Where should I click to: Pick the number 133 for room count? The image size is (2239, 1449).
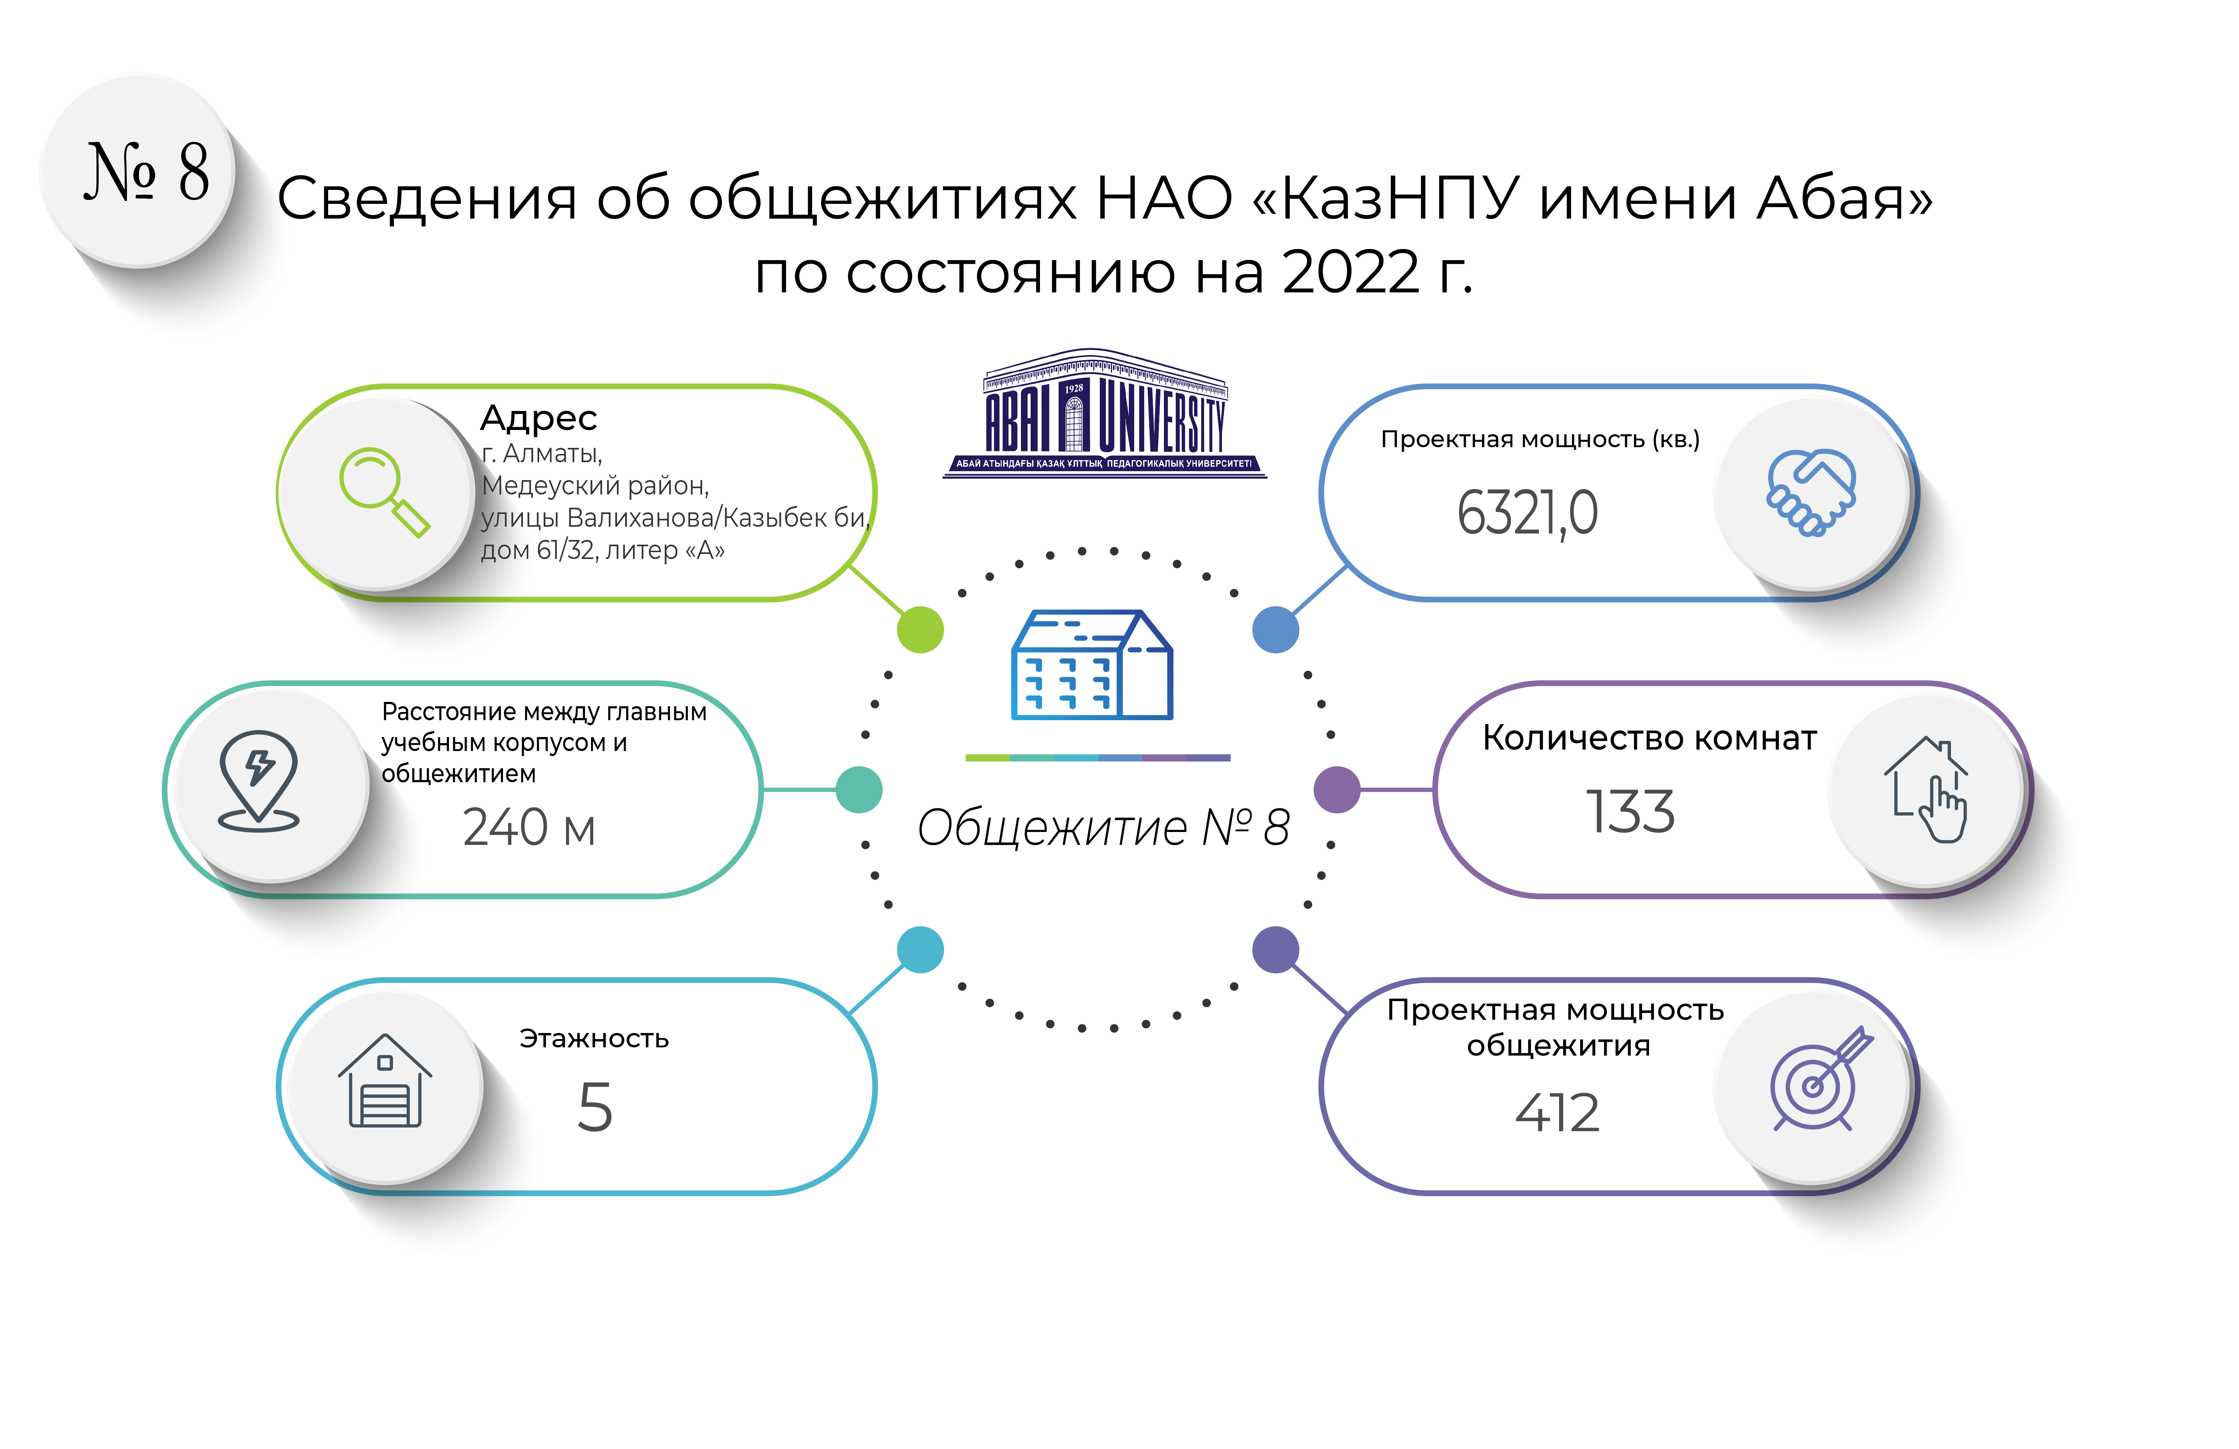point(1630,811)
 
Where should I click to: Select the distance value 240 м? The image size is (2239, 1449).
point(529,828)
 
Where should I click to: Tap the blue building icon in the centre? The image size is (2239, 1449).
point(1091,665)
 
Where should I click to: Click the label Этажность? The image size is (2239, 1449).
point(594,1039)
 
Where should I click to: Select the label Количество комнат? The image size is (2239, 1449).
point(1649,738)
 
